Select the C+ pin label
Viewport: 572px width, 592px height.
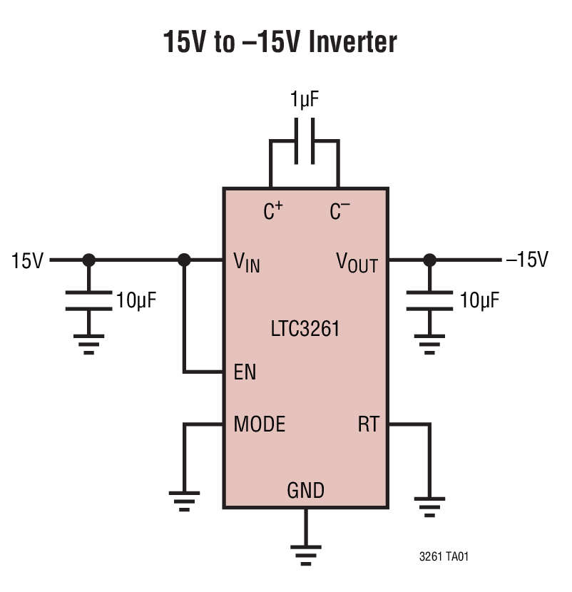pos(272,212)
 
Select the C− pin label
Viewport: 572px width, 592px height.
pos(339,212)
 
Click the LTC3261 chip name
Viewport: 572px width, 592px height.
pos(305,330)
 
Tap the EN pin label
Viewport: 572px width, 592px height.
pos(245,373)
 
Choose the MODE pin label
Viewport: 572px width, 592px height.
pos(259,424)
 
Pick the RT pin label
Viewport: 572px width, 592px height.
pos(368,425)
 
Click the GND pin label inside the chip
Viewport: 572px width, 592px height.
pos(305,491)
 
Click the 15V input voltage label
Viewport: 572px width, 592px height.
pos(27,261)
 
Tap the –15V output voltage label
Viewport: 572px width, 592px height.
pos(526,260)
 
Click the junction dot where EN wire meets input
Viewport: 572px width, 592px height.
pos(184,260)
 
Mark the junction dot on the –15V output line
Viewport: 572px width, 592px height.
pos(429,260)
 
